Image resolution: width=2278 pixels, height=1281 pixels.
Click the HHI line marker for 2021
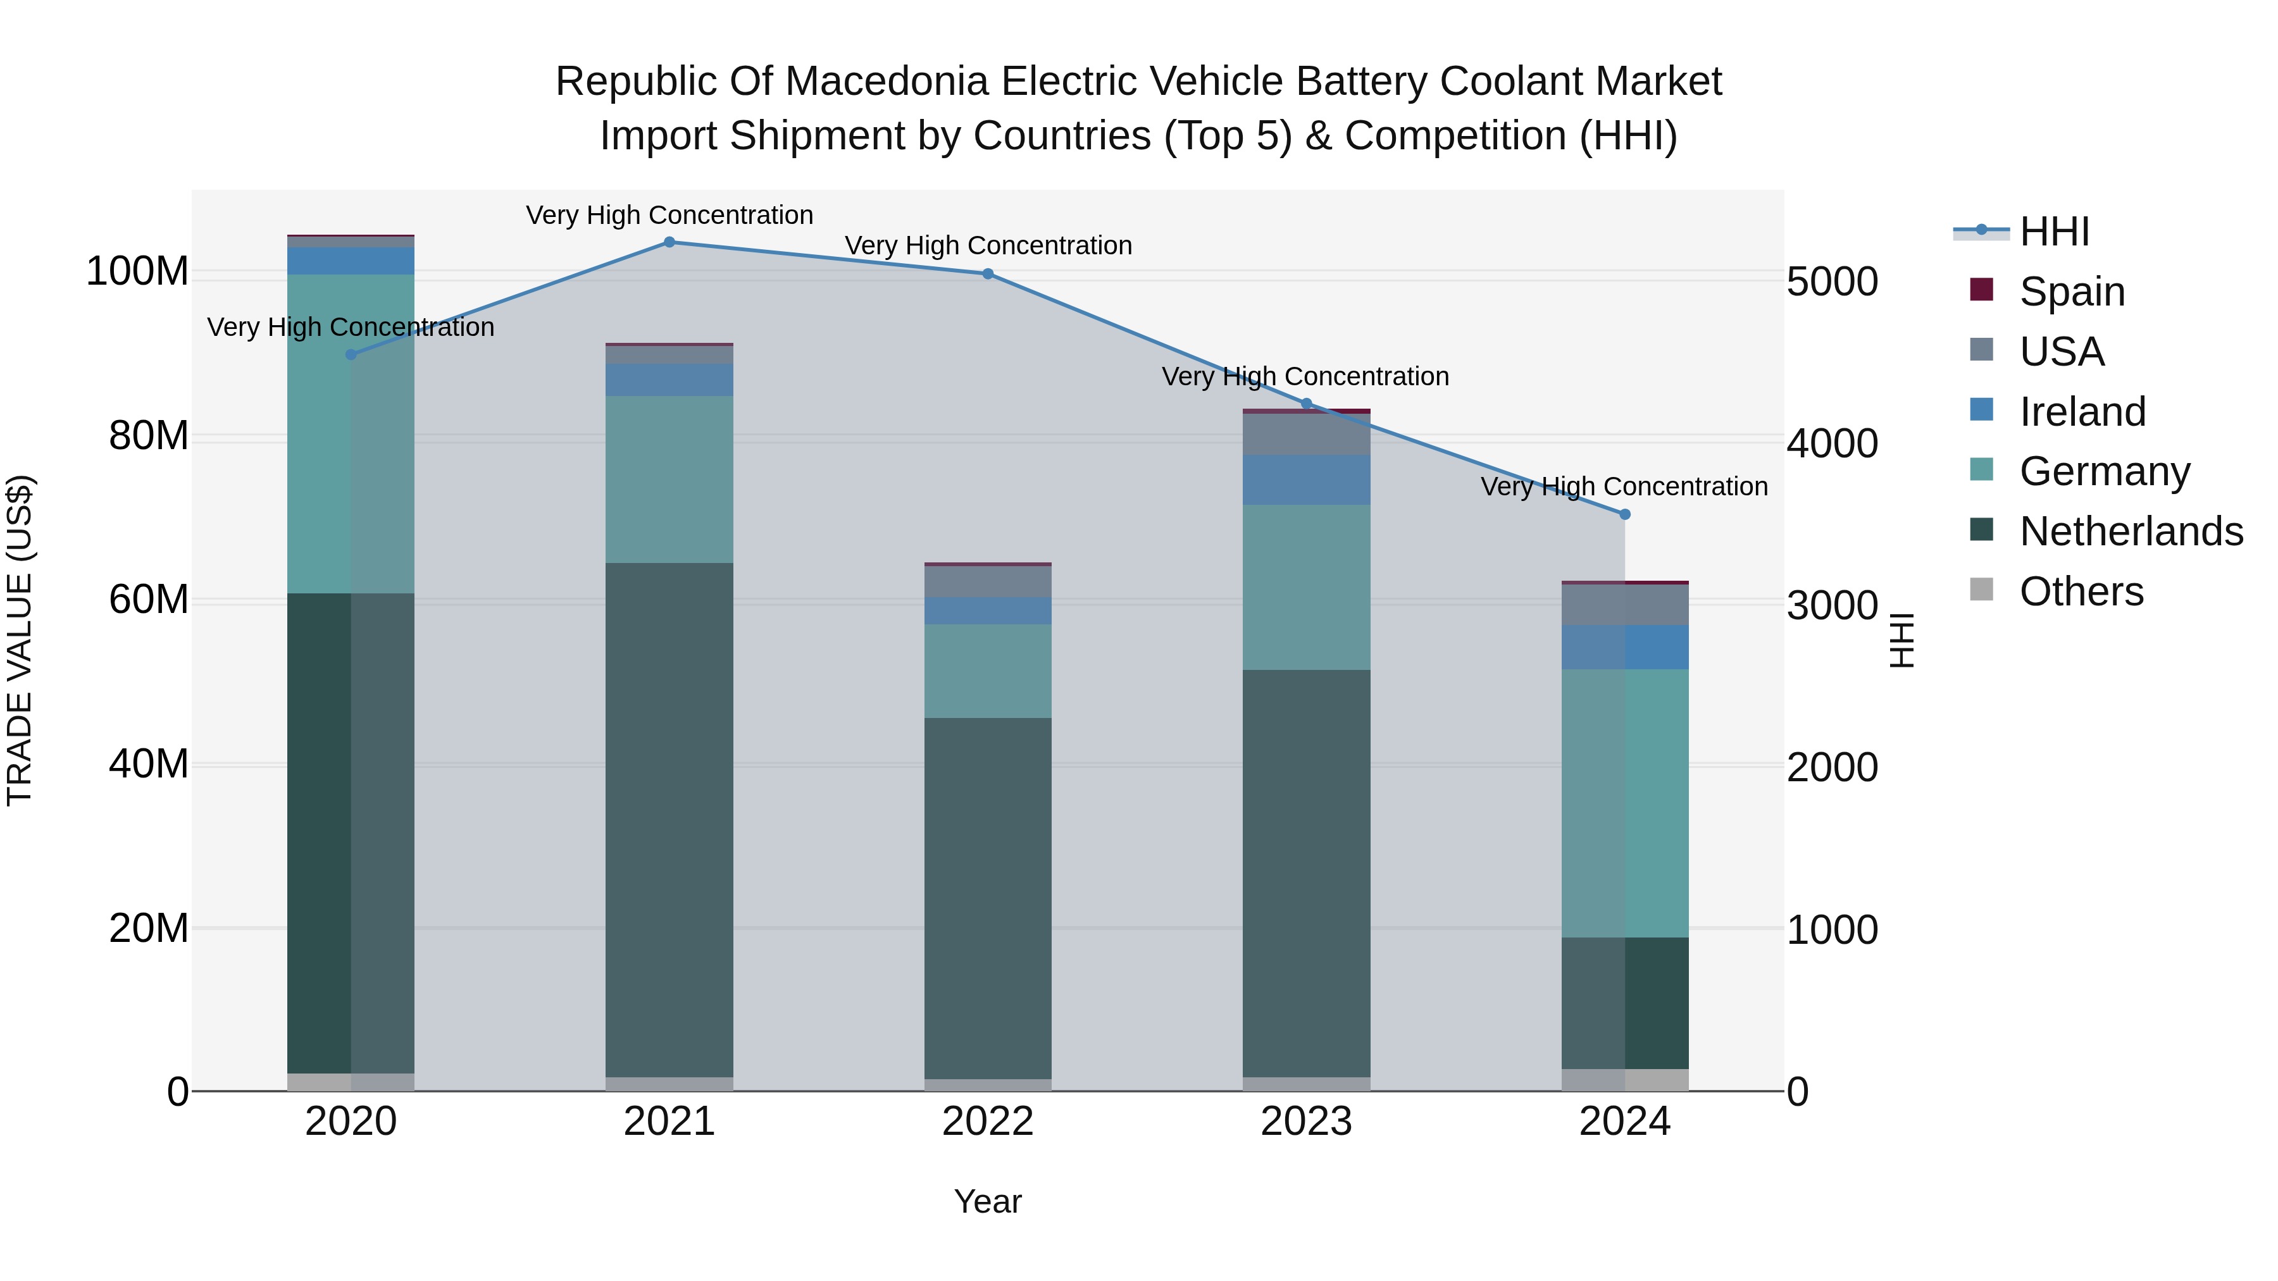pos(669,242)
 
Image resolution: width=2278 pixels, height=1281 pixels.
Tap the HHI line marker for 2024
pos(1624,514)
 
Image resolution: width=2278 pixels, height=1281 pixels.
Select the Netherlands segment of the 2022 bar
pos(988,897)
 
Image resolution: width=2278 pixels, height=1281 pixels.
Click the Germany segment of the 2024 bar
pos(1624,803)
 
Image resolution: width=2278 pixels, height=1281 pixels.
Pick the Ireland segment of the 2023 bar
pos(1306,480)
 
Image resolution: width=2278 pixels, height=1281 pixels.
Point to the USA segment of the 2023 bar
pos(1306,434)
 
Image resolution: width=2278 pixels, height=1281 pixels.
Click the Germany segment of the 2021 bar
pos(669,479)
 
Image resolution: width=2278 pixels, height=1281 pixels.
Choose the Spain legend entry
pos(2072,292)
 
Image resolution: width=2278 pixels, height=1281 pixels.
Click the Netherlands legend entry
pos(2131,531)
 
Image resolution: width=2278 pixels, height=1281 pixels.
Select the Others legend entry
pos(2081,591)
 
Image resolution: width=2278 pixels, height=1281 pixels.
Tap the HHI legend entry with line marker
pos(2054,232)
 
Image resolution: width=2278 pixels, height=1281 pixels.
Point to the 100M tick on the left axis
pos(137,271)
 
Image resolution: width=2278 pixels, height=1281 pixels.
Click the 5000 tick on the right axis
pos(1831,282)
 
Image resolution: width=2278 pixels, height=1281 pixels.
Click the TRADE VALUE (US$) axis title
pos(20,640)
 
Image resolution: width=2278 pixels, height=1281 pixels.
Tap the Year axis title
pos(988,1201)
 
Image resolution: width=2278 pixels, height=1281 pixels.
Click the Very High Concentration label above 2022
pos(988,246)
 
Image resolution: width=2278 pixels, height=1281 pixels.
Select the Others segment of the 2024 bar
pos(1624,1080)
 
